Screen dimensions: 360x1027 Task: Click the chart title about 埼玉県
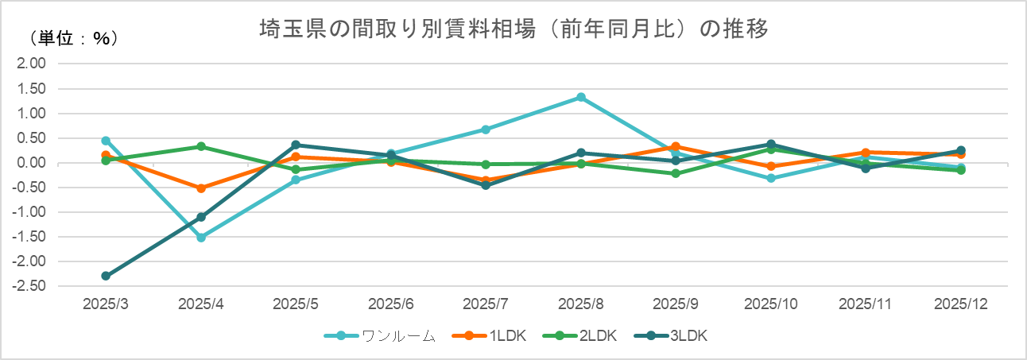point(513,30)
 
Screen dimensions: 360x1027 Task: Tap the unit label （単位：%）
point(74,38)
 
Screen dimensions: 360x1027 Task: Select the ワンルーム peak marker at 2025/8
point(581,98)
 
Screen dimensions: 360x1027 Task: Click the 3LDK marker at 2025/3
point(106,276)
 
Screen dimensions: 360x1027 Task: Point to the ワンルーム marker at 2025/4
point(201,238)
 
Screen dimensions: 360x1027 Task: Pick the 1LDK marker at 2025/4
point(201,188)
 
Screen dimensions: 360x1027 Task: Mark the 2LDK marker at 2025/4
point(201,146)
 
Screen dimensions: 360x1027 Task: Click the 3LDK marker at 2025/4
point(201,217)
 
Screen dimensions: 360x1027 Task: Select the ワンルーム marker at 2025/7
point(486,129)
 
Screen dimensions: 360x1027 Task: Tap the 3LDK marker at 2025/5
point(296,145)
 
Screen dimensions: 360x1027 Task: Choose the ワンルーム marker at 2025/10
point(771,178)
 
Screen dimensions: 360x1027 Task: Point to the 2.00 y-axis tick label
point(33,64)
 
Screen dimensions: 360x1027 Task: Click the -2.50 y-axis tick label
point(32,286)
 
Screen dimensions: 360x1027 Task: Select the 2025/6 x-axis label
point(391,304)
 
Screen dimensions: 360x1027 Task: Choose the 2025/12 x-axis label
point(960,304)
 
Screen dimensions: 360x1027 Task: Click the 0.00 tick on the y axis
point(33,163)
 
